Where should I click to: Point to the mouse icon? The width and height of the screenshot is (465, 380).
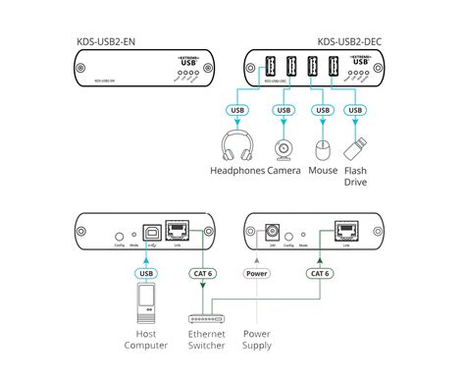tap(325, 149)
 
